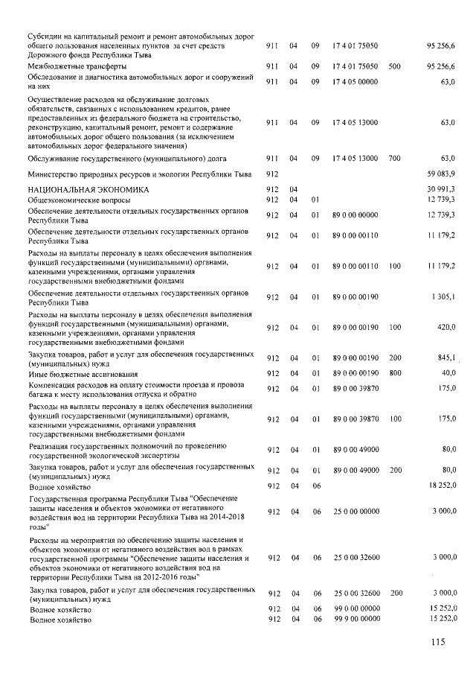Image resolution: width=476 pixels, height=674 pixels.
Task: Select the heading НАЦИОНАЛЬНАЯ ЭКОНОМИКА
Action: (77, 191)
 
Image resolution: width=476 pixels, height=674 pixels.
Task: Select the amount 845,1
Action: (446, 356)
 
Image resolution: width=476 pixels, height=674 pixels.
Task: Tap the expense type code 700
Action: (394, 158)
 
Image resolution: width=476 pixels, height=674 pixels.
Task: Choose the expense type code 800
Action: (394, 372)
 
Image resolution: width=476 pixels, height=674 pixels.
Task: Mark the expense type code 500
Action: (394, 66)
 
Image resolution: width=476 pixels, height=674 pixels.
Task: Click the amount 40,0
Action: (448, 372)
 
